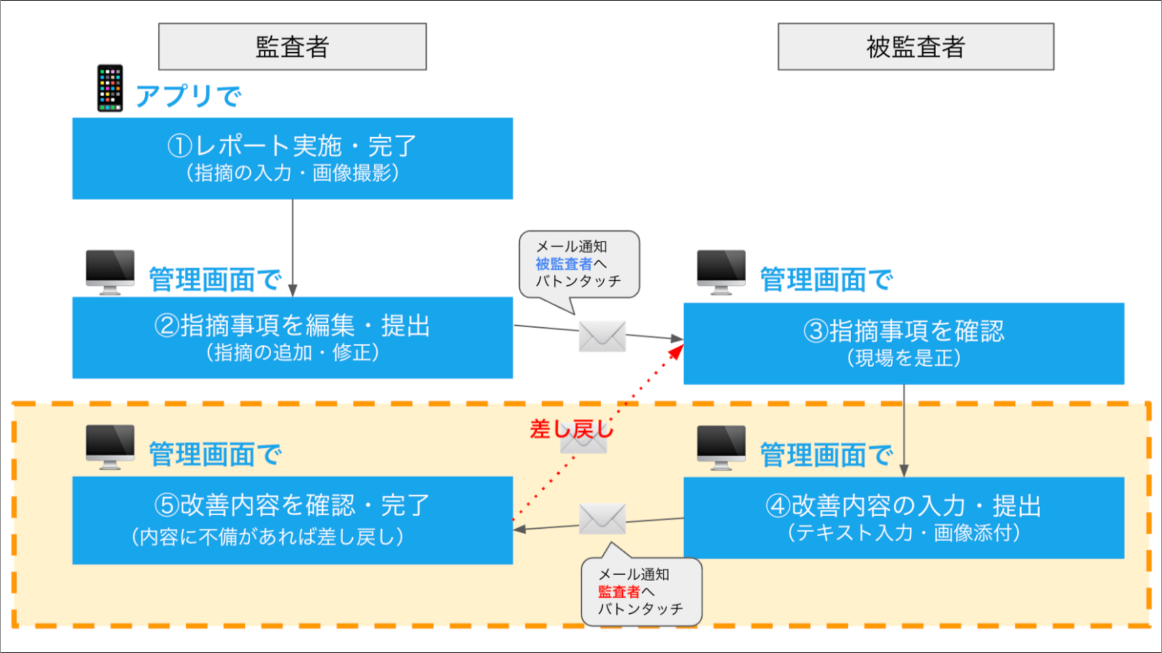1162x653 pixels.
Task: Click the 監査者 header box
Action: [292, 47]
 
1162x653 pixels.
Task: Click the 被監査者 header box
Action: [915, 47]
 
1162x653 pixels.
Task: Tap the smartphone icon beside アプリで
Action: [110, 88]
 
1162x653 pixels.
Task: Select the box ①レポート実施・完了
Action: [292, 158]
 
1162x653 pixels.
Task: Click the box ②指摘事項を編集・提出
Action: [292, 338]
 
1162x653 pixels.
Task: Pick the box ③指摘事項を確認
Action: [903, 343]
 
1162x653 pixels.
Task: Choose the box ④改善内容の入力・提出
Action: [903, 517]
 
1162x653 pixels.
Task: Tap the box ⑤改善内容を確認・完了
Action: [292, 520]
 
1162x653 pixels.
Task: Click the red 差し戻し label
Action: [571, 429]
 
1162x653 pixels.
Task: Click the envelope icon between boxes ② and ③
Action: [602, 336]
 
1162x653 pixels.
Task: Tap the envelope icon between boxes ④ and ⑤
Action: [602, 519]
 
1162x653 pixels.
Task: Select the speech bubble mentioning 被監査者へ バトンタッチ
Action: [579, 264]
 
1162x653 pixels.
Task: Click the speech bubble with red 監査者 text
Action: [641, 592]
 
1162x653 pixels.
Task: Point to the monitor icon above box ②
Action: [110, 271]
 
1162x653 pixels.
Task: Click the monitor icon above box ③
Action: [721, 271]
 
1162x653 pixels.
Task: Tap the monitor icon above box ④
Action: [721, 446]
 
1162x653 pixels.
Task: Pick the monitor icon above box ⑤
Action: [110, 446]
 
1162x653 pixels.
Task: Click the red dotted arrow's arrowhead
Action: [676, 352]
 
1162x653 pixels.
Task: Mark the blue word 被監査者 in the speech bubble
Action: [563, 264]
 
